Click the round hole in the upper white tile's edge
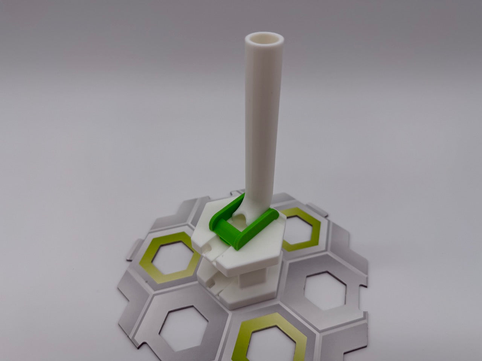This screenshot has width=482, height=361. pos(206,247)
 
